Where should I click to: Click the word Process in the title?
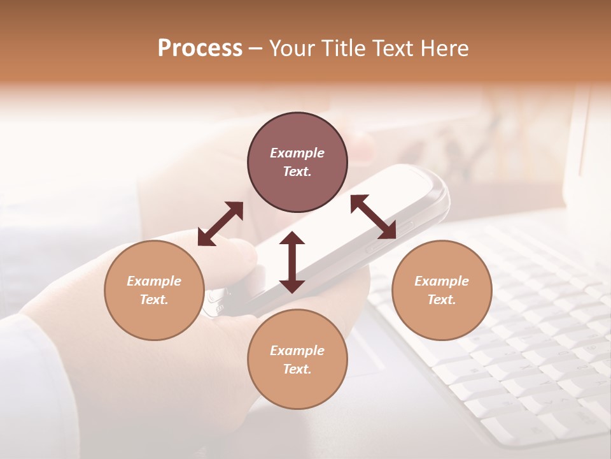(x=200, y=48)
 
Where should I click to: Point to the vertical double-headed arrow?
(x=292, y=262)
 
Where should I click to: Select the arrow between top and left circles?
(x=220, y=223)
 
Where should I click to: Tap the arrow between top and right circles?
(x=374, y=216)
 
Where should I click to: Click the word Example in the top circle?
(x=297, y=153)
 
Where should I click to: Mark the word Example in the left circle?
(x=154, y=281)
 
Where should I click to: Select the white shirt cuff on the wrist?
(x=32, y=382)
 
